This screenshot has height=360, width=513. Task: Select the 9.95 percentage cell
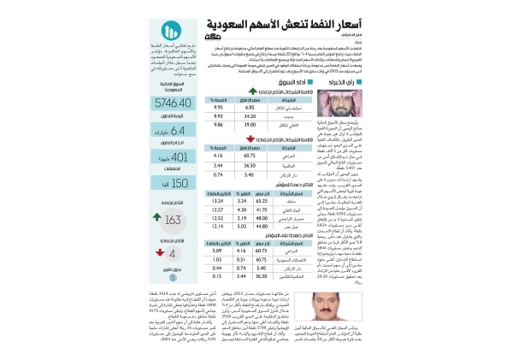point(217,109)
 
